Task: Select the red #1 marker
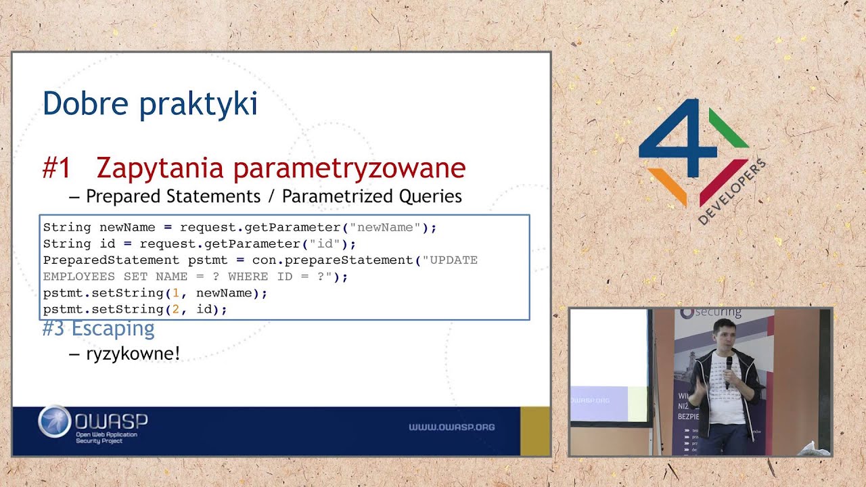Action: [56, 168]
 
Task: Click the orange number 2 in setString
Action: [176, 309]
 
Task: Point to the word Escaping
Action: [113, 329]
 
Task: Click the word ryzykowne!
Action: [133, 353]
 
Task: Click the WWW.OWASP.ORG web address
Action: [451, 427]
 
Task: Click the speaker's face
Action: [723, 333]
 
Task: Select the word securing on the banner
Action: [719, 312]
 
